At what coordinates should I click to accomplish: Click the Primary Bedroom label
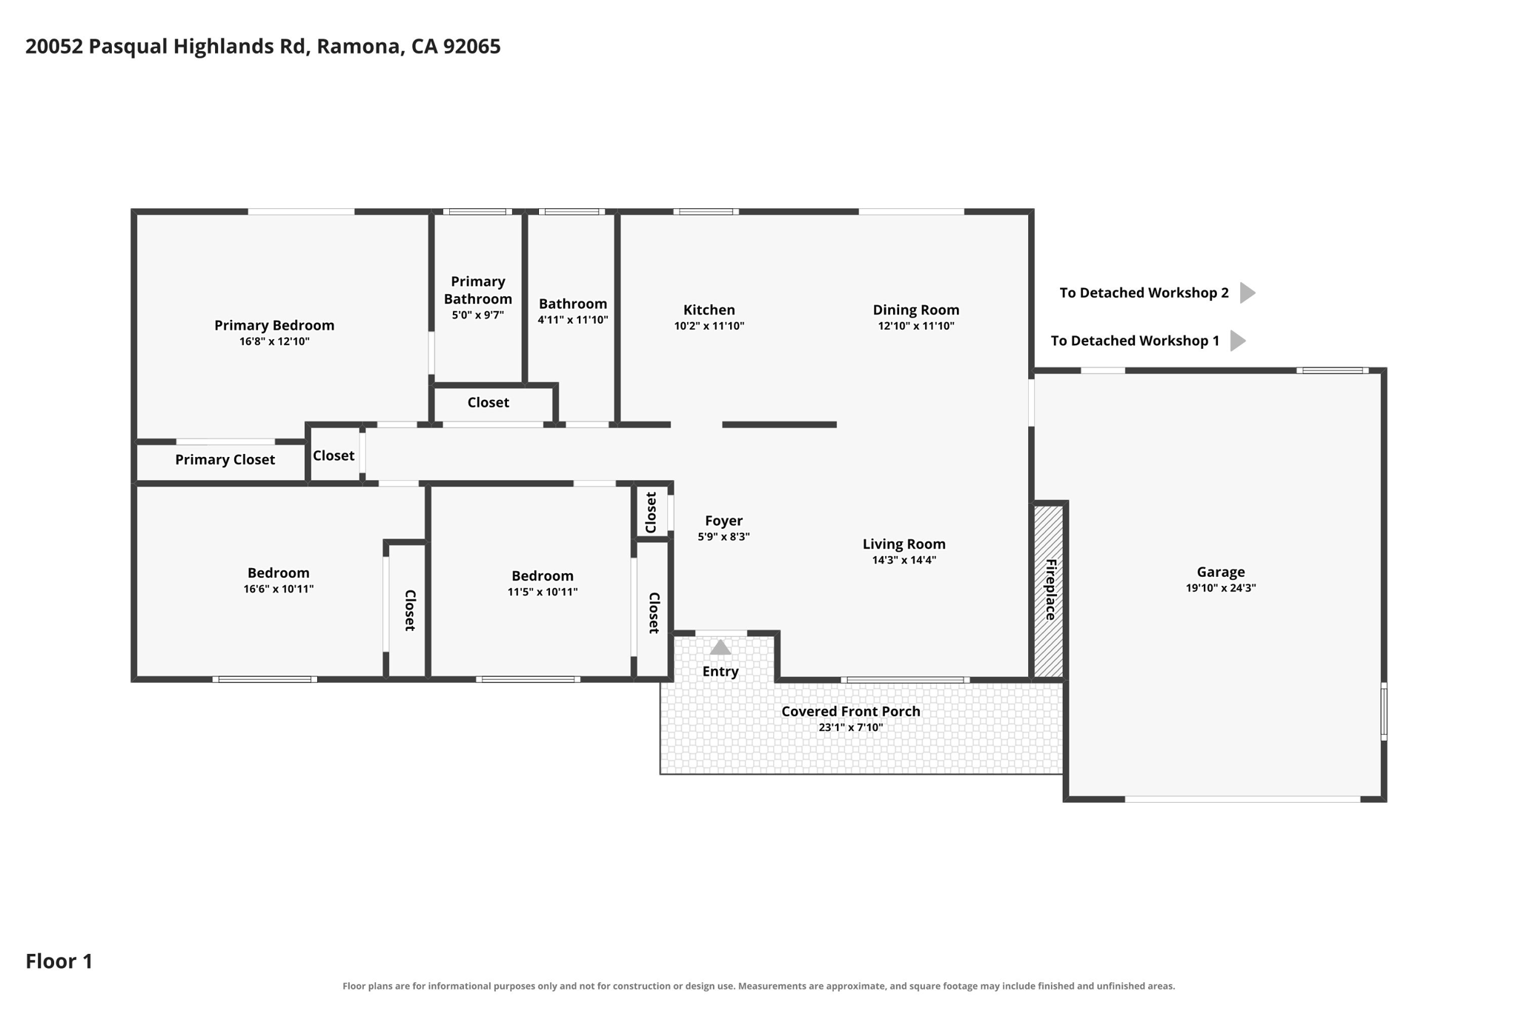point(274,325)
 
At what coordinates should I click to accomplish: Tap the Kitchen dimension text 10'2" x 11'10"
point(709,326)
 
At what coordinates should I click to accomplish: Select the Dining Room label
point(916,310)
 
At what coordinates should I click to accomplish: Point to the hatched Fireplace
point(1050,590)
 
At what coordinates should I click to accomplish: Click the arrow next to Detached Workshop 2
point(1247,293)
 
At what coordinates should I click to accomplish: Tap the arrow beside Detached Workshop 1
point(1238,341)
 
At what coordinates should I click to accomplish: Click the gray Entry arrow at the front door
point(720,648)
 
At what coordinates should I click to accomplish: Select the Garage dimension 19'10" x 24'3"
point(1221,588)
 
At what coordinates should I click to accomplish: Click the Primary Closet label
point(225,460)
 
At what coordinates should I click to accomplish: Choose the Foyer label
point(723,521)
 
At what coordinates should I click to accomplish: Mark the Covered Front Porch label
point(851,711)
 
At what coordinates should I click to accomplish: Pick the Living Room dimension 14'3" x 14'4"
point(904,560)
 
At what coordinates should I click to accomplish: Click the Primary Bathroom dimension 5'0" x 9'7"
point(478,315)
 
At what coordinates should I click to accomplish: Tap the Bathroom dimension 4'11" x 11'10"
point(573,320)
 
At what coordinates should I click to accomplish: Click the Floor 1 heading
point(59,961)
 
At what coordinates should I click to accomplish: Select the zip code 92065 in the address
point(472,47)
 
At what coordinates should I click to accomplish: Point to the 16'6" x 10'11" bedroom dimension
point(279,589)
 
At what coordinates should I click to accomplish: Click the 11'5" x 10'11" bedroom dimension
point(543,592)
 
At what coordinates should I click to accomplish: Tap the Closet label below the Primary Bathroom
point(488,402)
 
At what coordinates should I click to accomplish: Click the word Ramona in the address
point(360,47)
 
